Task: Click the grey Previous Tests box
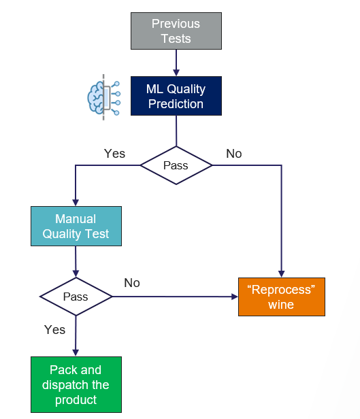point(176,31)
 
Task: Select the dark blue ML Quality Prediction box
point(176,96)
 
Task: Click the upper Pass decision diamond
point(176,165)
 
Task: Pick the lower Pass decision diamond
point(76,297)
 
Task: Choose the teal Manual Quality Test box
point(76,227)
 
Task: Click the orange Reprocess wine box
point(281,297)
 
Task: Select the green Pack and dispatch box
point(76,384)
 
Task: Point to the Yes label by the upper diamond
point(114,153)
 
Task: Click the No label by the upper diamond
point(233,153)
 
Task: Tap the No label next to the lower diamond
point(132,282)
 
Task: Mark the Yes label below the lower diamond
point(54,329)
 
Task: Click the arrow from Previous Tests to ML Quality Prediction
point(176,63)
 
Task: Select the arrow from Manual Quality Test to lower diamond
point(76,262)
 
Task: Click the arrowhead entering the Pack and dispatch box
point(76,352)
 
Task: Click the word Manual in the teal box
point(76,219)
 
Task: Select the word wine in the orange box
point(281,304)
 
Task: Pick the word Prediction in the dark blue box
point(176,103)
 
